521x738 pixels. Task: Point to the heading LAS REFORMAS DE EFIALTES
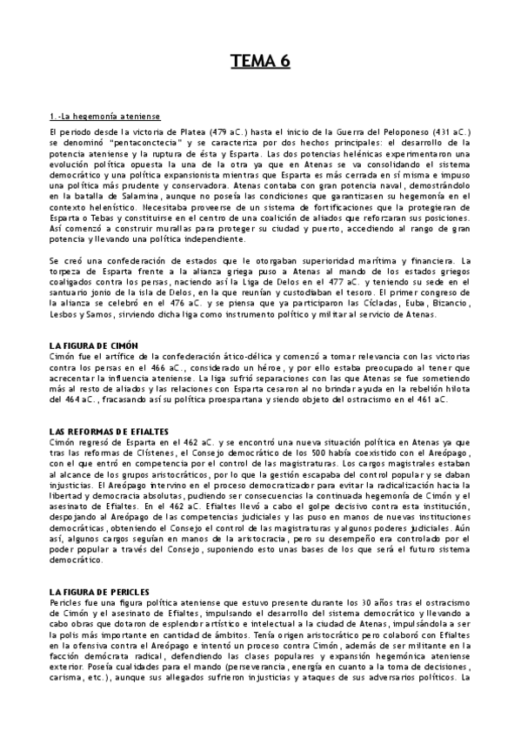(x=110, y=433)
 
